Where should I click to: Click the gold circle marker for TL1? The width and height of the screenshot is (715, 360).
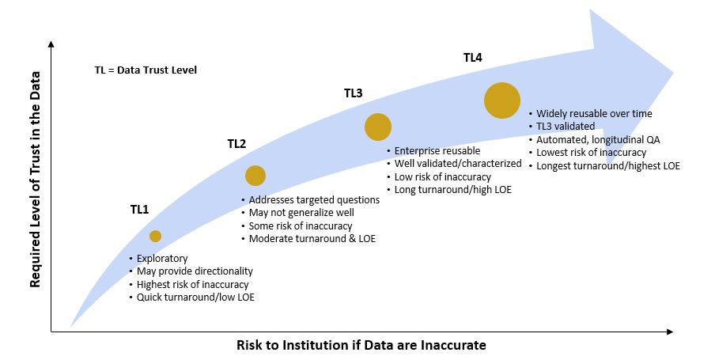coord(155,236)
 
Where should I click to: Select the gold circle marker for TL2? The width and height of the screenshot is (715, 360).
coord(255,176)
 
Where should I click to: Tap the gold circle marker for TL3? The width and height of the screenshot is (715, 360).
coord(378,127)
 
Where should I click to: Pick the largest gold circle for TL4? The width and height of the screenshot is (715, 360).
coord(502,100)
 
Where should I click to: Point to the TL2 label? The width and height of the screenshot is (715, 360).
coord(236,144)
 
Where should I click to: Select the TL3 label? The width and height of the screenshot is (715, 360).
coord(353,93)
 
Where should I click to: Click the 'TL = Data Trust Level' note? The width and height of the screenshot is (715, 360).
coord(146,70)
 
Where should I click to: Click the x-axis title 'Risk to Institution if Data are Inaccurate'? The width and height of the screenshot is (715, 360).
coord(361,345)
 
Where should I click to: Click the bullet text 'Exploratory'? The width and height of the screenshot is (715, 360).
coord(162,258)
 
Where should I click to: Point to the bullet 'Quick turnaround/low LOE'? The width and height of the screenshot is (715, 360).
coord(195,297)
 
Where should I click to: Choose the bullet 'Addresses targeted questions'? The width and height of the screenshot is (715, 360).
coord(314,200)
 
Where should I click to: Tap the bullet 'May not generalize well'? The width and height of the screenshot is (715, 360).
coord(301,213)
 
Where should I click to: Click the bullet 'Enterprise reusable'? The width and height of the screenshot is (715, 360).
coord(437,151)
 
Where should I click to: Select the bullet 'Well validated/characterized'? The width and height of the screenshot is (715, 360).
coord(458,164)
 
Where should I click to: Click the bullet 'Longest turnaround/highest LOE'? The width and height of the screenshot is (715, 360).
coord(608,166)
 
